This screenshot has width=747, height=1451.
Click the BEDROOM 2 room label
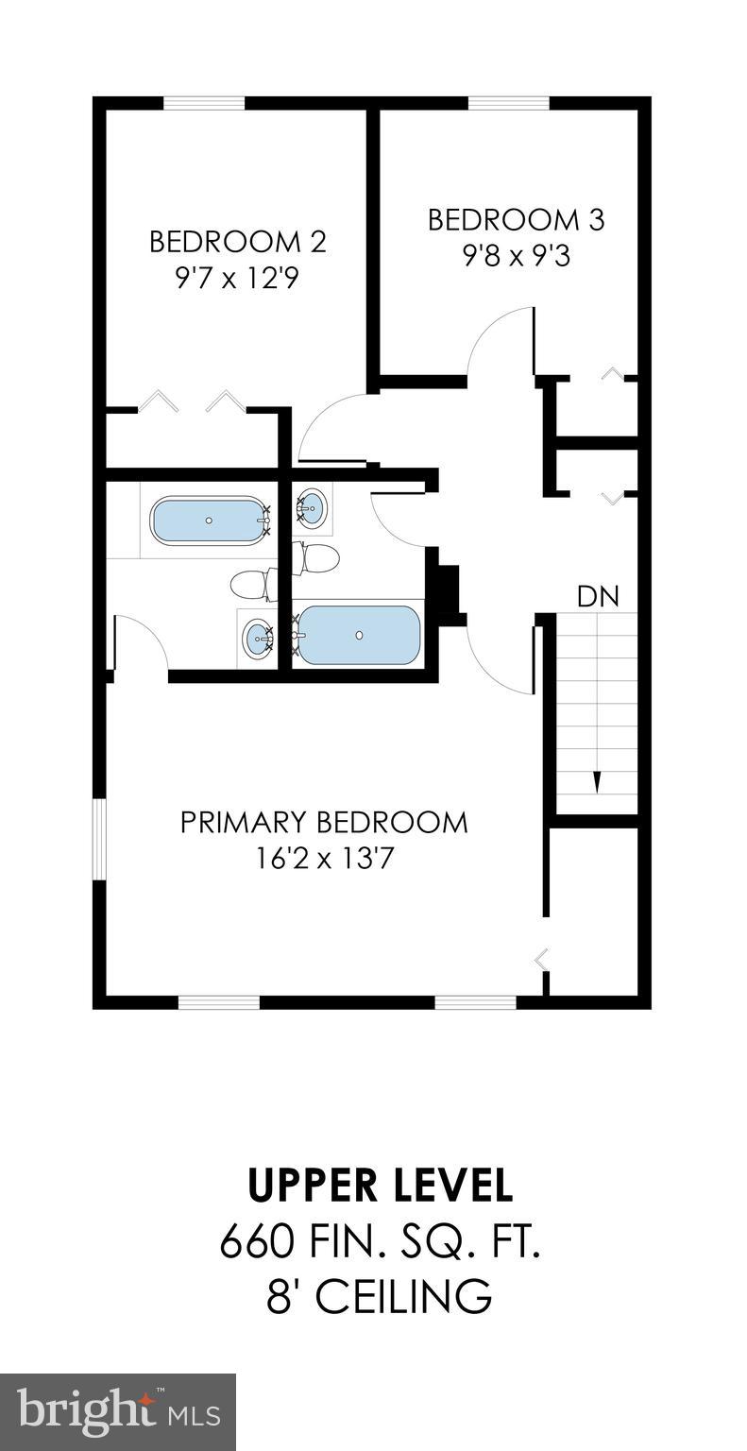237,242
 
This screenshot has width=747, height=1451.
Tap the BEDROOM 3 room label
516,220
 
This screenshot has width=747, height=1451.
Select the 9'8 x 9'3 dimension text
516,256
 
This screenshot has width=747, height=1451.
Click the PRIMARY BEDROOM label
324,822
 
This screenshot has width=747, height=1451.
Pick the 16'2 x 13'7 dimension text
324,859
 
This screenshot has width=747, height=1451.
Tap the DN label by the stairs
598,597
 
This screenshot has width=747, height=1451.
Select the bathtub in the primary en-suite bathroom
209,521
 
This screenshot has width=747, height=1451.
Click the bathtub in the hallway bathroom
359,635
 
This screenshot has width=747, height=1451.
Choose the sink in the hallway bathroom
313,508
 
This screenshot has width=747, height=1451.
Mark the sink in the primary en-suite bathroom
257,640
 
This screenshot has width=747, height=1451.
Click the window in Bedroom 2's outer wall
204,103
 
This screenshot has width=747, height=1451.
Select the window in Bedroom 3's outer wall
508,103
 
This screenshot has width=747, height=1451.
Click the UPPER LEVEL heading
380,1185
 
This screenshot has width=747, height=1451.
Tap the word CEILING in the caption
403,1296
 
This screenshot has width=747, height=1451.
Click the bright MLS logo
118,1412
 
